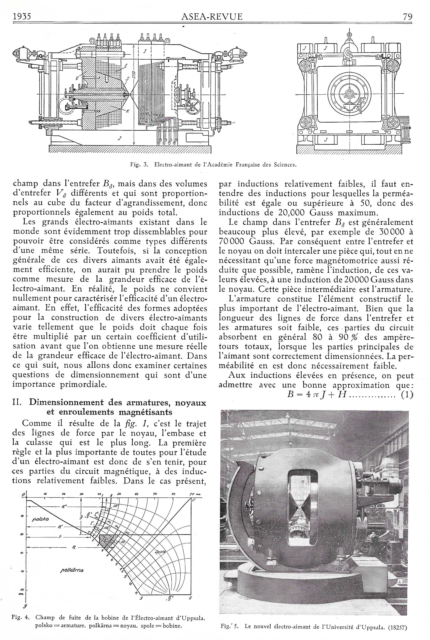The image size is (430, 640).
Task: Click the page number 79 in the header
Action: (407, 17)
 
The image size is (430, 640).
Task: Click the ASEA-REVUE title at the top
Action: (212, 17)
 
